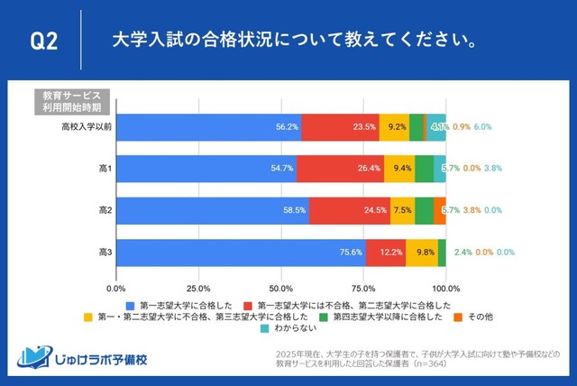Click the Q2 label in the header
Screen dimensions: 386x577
[x=44, y=41]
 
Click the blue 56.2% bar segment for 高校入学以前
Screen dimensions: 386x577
[x=207, y=127]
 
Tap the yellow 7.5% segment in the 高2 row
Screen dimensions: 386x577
[x=402, y=210]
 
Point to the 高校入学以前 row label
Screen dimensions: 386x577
[x=82, y=127]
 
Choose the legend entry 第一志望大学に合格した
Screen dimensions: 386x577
[x=186, y=305]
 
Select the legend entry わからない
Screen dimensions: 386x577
[x=289, y=329]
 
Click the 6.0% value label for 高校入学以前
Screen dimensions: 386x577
[x=482, y=127]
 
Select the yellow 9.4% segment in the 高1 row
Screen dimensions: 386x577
[x=399, y=169]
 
